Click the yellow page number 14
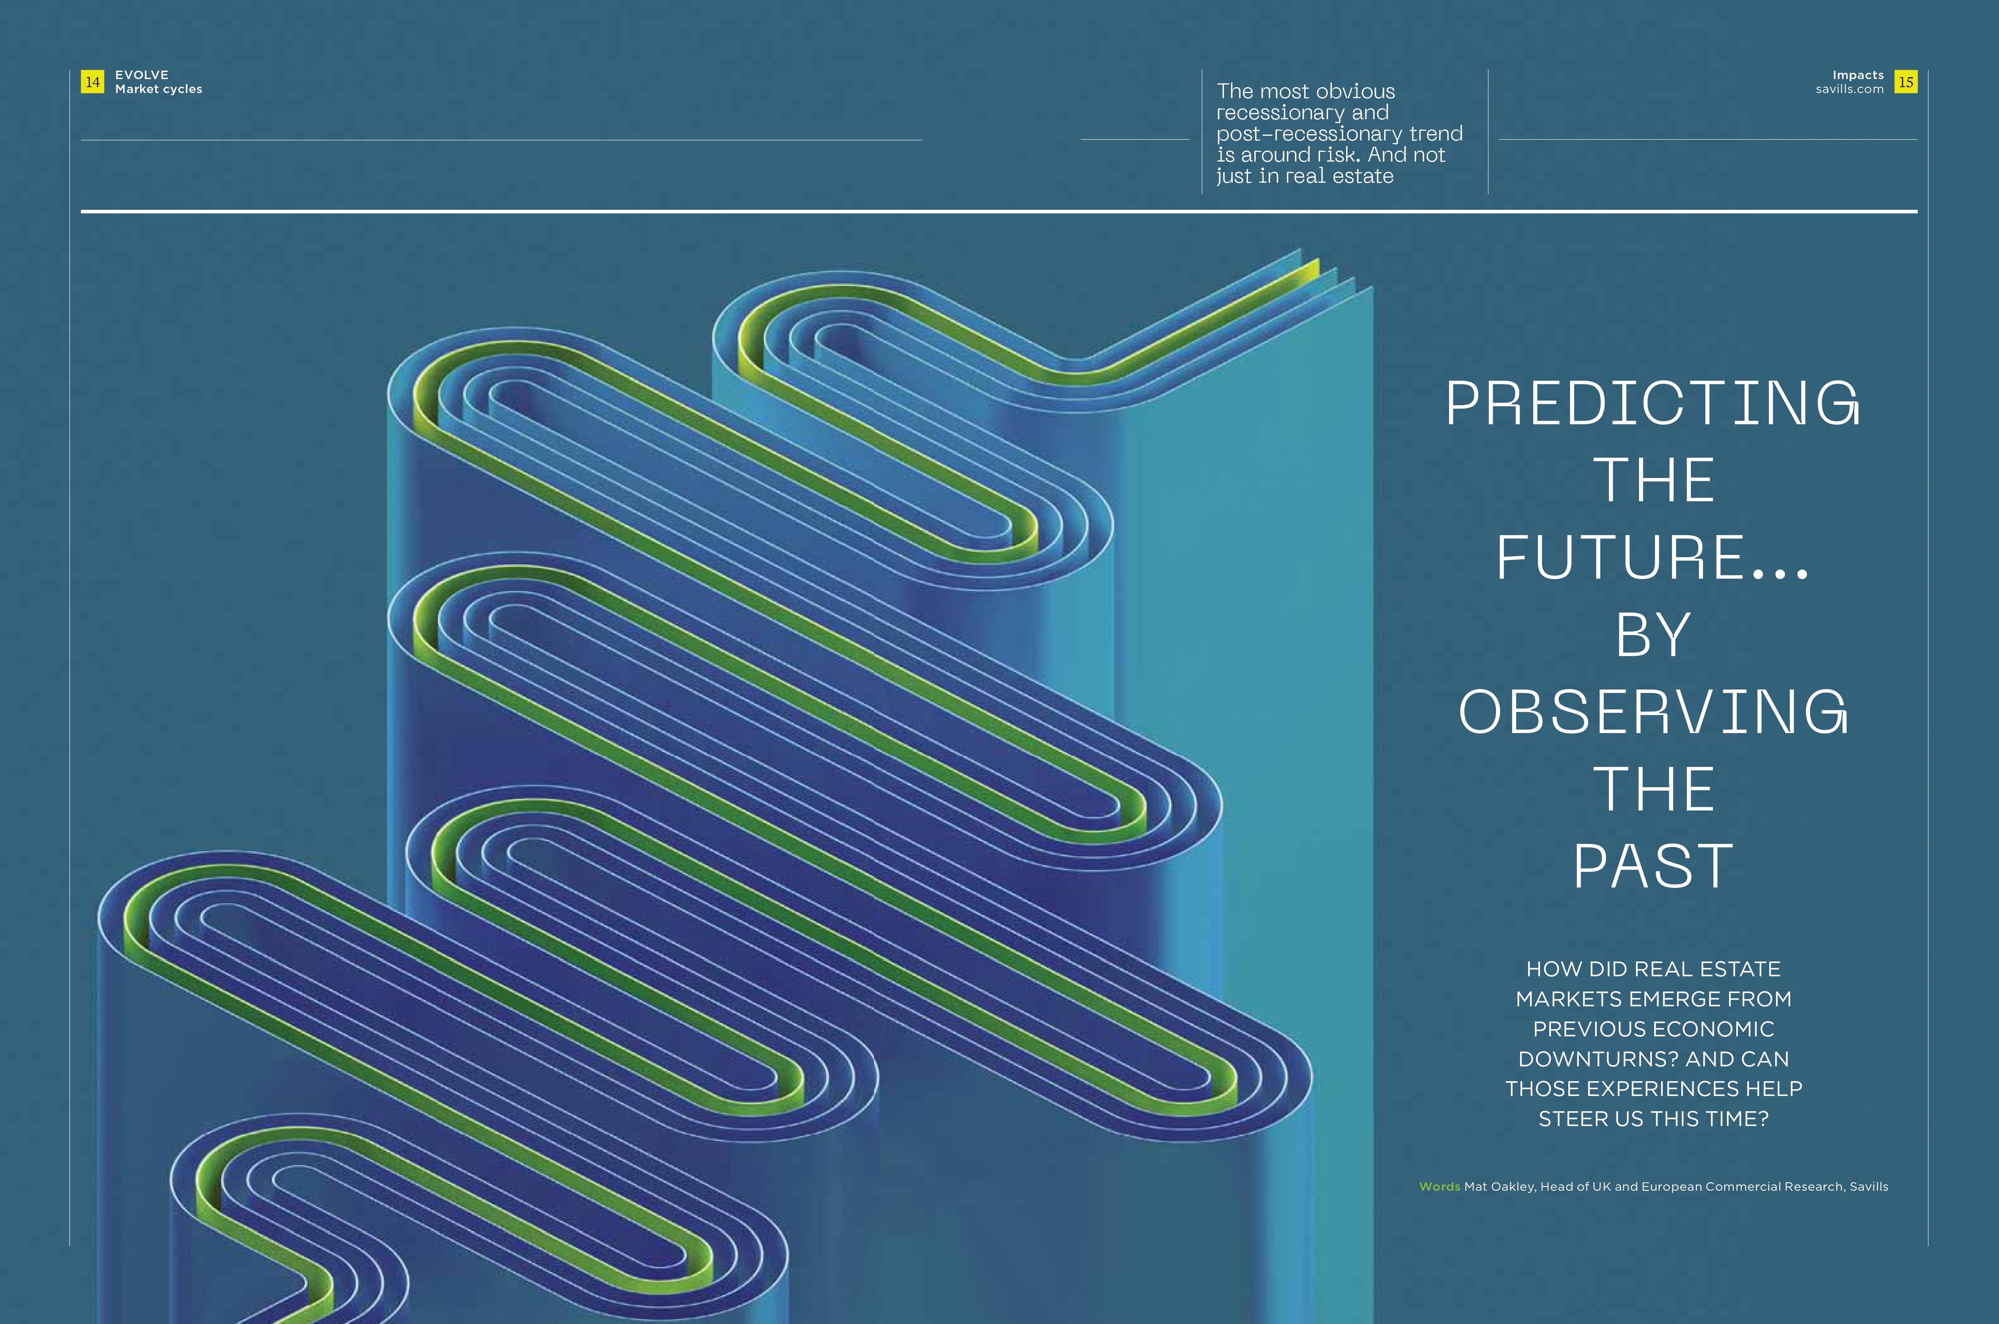(x=92, y=82)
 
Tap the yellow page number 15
(x=1906, y=82)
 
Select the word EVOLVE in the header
(x=142, y=75)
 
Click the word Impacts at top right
(x=1858, y=75)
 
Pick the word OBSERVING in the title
(x=1653, y=712)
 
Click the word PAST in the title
(x=1653, y=866)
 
